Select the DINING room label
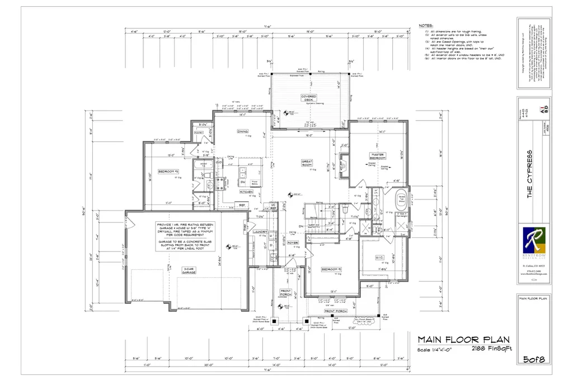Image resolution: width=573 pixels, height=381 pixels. click(x=242, y=132)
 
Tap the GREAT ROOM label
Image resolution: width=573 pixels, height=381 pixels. click(x=307, y=163)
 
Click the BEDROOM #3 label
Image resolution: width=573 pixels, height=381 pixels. click(x=168, y=172)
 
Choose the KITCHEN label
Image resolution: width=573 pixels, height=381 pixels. click(x=247, y=192)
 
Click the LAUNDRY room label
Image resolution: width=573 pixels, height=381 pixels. click(x=260, y=231)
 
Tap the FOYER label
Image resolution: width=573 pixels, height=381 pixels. click(x=292, y=242)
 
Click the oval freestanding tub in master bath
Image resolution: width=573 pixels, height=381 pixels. click(x=401, y=201)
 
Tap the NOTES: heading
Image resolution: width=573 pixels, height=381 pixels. click(x=426, y=26)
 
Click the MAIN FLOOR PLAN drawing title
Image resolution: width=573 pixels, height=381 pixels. click(x=464, y=339)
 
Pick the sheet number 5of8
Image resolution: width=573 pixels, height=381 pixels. click(x=534, y=359)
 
